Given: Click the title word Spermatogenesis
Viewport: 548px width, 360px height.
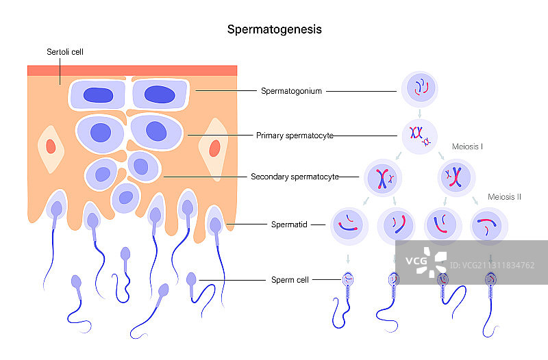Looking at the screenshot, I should click(x=274, y=30).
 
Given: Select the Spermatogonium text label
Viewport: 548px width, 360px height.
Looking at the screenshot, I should click(x=291, y=91).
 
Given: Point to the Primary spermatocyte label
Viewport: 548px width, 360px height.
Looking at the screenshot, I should click(x=295, y=136).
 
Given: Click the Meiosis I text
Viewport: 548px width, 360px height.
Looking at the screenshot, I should click(x=468, y=146).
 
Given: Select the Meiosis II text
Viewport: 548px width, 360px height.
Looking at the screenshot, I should click(x=505, y=196).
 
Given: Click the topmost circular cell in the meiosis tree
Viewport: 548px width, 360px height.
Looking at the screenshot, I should click(x=419, y=88).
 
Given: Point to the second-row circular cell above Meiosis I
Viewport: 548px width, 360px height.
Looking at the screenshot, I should click(x=419, y=135).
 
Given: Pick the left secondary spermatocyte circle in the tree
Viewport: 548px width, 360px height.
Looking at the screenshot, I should click(x=383, y=177).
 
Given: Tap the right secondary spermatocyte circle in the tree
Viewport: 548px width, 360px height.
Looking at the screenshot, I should click(x=456, y=177).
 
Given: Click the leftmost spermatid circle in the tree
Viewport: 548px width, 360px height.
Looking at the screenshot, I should click(x=348, y=225).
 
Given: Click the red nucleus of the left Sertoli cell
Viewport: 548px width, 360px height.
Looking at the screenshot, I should click(x=50, y=146).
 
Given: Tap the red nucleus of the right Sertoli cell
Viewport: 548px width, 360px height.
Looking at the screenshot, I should click(x=214, y=148).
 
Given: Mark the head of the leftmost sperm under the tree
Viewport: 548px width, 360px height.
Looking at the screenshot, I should click(x=349, y=279).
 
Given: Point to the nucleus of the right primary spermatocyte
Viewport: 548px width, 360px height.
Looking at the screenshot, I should click(x=155, y=130).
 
